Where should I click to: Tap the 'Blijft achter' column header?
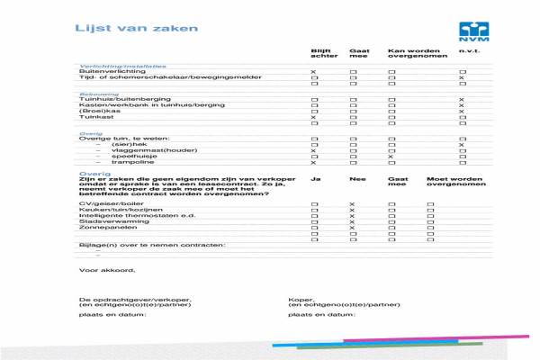point(321,55)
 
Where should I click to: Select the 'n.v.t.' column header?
point(467,51)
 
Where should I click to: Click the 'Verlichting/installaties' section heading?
point(122,65)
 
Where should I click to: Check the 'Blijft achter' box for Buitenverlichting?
point(313,71)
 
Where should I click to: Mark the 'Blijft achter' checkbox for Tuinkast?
point(313,118)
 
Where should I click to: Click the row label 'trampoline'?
point(130,163)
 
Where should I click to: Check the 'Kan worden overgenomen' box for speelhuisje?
point(391,157)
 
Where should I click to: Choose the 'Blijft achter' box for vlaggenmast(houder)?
point(313,150)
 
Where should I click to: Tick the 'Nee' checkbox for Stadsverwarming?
point(352,219)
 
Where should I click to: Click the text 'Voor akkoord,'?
point(106,270)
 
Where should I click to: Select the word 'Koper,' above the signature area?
point(301,299)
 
